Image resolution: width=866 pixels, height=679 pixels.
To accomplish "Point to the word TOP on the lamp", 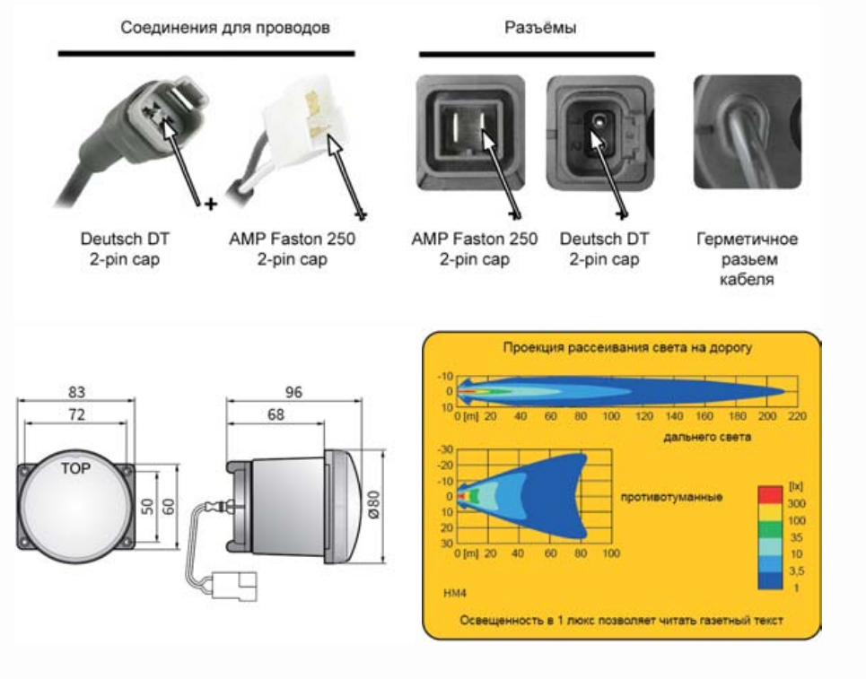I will tap(74, 468).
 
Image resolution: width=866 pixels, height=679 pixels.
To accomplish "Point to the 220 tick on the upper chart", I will tap(798, 417).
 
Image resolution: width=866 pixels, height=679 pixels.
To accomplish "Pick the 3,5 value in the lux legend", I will tap(795, 570).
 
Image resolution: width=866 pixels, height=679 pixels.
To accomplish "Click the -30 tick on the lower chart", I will tap(446, 448).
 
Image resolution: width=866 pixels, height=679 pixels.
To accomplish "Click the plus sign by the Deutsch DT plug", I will tap(211, 205).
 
